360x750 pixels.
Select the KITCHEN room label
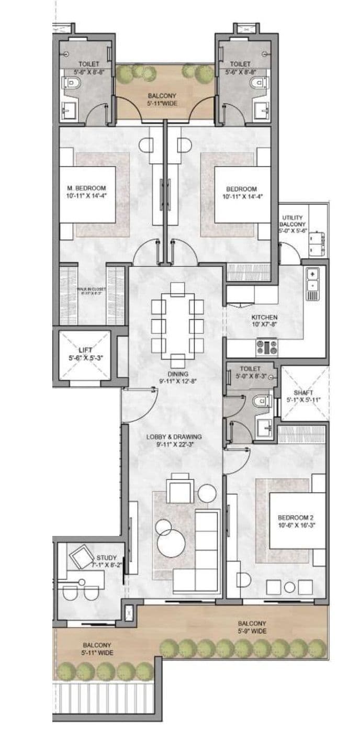pyautogui.click(x=264, y=317)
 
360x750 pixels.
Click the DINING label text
pyautogui.click(x=178, y=374)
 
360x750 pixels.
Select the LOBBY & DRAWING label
pyautogui.click(x=178, y=436)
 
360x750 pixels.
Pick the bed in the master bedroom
pyautogui.click(x=87, y=195)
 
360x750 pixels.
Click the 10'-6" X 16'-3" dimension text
pyautogui.click(x=296, y=525)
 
